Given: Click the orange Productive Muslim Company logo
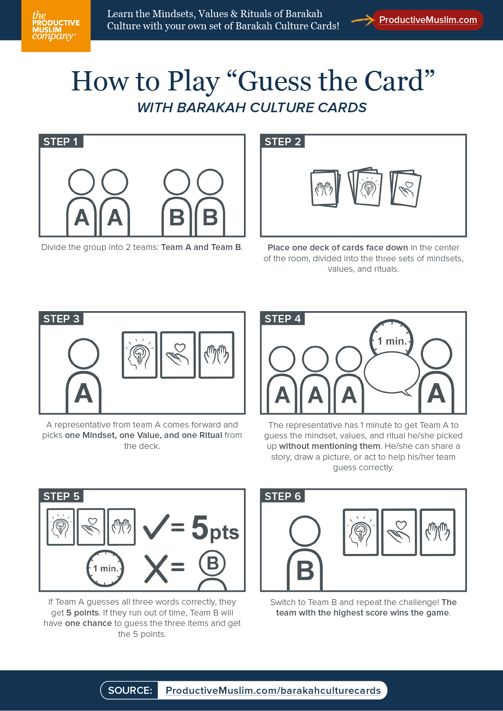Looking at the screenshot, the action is point(56,26).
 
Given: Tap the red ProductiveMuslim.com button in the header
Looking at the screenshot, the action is point(428,20).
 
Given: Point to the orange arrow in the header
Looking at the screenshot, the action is point(363,20).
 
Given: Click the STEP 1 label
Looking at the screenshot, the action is point(61,142).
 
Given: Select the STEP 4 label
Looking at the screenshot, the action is point(282,319).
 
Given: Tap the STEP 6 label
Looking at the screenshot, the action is point(282,496).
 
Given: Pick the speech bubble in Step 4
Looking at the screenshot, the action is point(392,374).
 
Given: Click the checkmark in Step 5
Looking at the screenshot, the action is point(156,527).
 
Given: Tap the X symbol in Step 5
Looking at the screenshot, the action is point(156,569).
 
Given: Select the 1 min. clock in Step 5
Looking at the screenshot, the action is point(105,568).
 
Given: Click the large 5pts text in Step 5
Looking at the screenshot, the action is point(215,528).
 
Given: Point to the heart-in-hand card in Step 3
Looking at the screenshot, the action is point(178,355).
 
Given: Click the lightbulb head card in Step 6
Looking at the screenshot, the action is point(360,532).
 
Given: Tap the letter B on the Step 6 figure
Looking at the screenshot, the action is point(305,570).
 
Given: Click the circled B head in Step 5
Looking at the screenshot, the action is point(212,564).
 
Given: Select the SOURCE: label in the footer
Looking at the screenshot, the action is point(130,690).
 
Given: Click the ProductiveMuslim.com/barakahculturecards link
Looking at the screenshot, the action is point(273,690).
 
